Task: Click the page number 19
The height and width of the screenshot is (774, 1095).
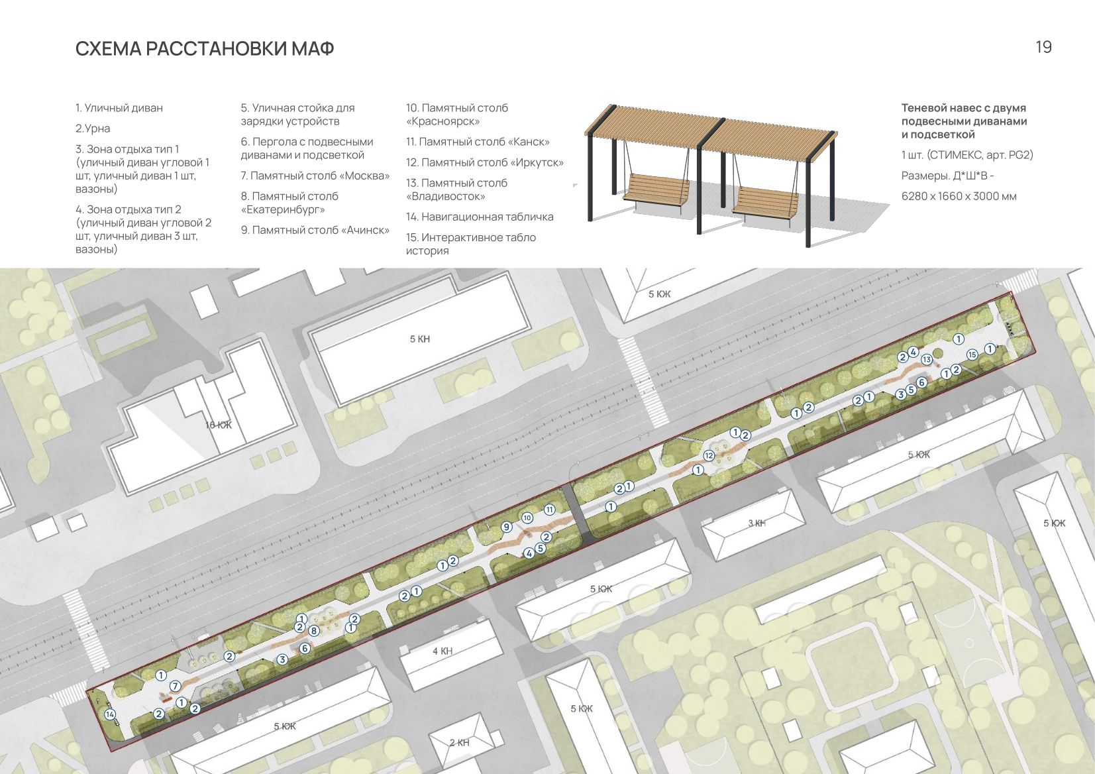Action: click(1044, 47)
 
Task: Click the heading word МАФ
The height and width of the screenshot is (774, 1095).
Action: click(313, 49)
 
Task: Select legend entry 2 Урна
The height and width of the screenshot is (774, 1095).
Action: click(92, 128)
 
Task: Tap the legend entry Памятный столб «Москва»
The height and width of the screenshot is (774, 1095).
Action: click(315, 176)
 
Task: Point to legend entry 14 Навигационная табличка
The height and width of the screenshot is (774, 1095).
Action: click(480, 217)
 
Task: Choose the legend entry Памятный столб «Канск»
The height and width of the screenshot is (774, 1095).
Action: click(478, 142)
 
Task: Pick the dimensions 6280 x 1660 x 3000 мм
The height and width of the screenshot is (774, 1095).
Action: click(959, 196)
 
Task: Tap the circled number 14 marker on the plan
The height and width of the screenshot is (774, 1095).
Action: click(110, 714)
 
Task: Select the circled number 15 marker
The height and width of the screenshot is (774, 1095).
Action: click(972, 355)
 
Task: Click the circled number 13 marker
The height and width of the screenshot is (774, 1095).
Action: click(926, 360)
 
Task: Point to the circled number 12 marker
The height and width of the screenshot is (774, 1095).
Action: click(709, 456)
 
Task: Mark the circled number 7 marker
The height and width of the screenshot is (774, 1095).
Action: click(175, 686)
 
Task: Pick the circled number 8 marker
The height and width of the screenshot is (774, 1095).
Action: click(314, 631)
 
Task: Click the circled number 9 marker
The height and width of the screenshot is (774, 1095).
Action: click(507, 527)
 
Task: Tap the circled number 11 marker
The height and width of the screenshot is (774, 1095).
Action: click(549, 510)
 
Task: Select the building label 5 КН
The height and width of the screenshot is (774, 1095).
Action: click(420, 339)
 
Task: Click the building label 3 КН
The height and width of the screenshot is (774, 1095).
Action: click(756, 523)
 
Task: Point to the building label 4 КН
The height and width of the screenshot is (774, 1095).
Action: click(443, 651)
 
